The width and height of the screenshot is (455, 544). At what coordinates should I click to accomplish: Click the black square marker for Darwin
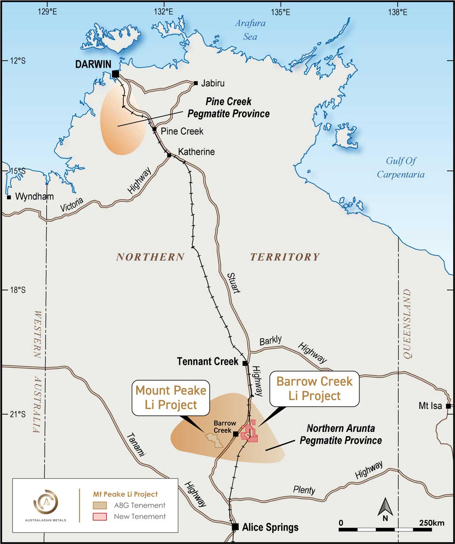116,74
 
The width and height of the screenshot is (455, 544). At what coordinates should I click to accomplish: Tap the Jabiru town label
213,83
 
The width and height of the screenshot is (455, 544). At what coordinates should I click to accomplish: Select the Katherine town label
196,152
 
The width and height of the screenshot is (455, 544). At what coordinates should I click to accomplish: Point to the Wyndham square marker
9,197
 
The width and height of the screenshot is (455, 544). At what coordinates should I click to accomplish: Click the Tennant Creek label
208,362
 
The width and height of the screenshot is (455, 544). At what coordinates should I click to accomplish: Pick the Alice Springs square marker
235,527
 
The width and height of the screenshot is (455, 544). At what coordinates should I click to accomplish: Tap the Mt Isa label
430,406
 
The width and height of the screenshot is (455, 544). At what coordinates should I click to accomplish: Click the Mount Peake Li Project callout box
171,398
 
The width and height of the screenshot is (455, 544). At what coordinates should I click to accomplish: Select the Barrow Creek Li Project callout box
314,389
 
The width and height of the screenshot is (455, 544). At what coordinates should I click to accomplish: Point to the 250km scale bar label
431,523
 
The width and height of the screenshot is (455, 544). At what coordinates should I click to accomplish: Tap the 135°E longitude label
281,12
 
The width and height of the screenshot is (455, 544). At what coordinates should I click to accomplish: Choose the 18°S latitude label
17,290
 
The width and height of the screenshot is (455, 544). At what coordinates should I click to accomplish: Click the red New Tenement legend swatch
100,516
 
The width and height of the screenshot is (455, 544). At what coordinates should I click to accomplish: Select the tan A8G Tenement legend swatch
100,505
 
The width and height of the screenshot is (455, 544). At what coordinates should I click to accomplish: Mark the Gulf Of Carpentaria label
400,168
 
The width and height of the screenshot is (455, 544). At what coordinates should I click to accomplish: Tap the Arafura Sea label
250,30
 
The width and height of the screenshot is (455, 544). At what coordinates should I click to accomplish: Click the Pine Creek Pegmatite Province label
228,108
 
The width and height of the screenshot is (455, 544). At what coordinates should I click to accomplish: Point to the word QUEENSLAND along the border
407,324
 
